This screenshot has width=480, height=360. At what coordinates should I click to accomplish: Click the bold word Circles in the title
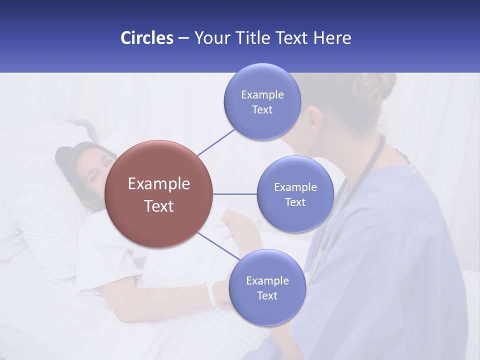click(x=146, y=38)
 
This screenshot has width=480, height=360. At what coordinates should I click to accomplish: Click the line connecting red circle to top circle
click(x=216, y=142)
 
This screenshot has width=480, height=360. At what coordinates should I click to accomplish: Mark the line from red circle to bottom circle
click(x=218, y=246)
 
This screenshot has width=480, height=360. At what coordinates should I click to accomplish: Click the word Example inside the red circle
click(x=158, y=184)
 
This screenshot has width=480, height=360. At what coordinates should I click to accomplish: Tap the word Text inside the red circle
click(x=158, y=206)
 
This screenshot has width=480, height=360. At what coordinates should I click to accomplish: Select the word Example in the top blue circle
click(x=262, y=95)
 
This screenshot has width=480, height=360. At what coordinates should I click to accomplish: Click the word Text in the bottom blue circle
click(x=267, y=295)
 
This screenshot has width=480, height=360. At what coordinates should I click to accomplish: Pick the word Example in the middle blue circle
click(x=295, y=187)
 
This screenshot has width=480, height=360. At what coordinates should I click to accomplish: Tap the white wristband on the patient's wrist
click(x=211, y=294)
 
